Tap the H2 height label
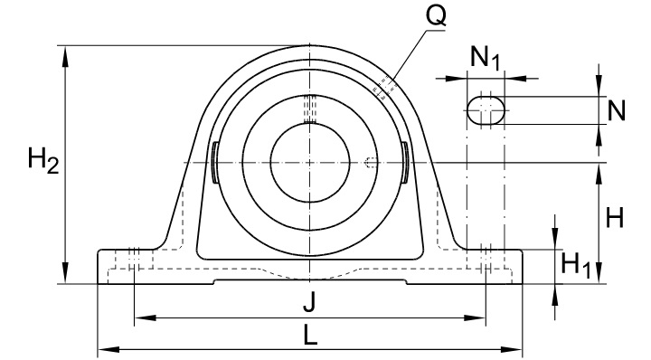point(43,162)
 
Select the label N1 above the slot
point(486,60)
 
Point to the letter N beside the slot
point(617,110)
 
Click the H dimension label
point(615,217)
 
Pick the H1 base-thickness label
point(576,265)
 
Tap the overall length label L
point(309,336)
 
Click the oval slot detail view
point(486,110)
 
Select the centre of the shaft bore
point(308,162)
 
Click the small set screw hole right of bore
point(371,163)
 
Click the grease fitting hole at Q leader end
point(383,87)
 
